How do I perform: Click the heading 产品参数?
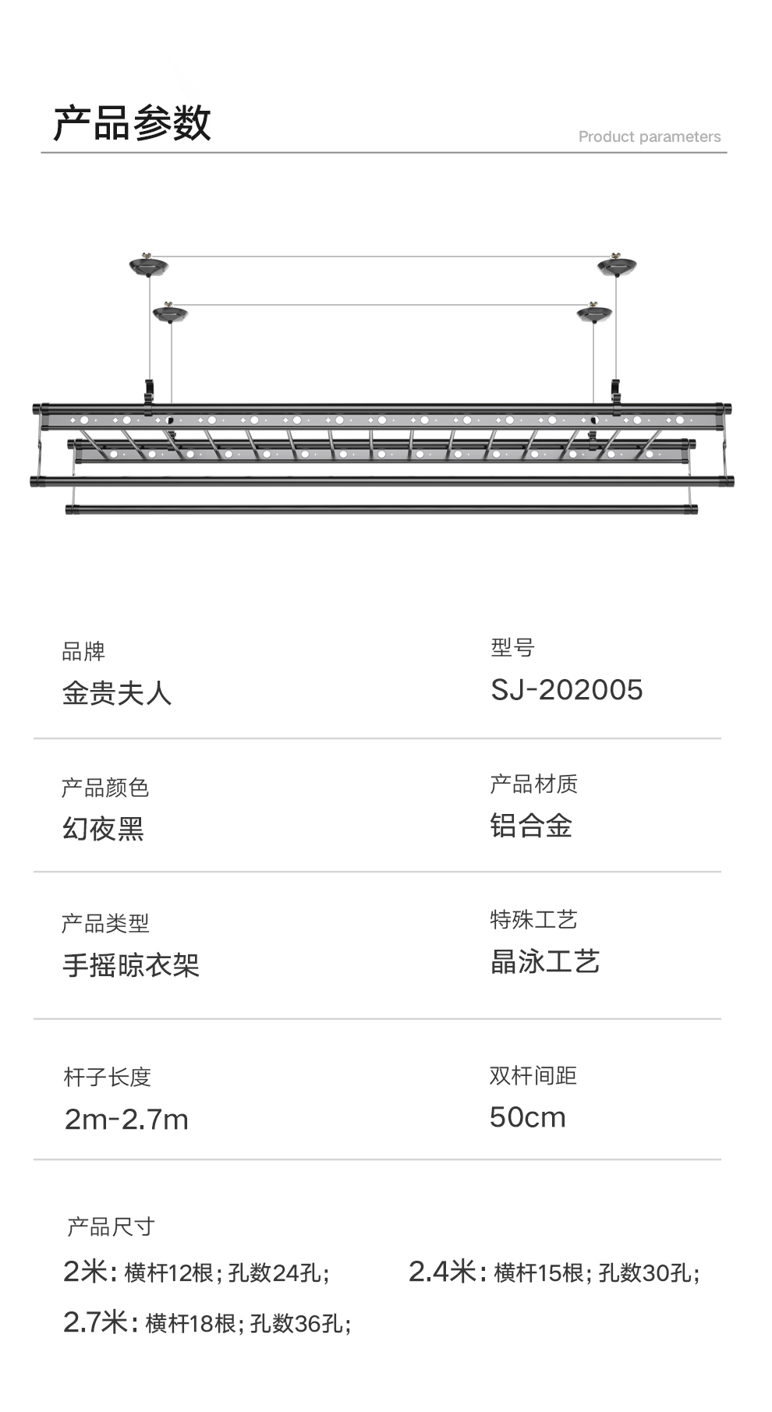point(132,123)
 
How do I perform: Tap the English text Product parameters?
point(649,136)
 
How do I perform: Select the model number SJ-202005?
point(566,690)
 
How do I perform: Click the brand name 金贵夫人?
point(117,693)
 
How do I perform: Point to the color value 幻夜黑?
point(104,828)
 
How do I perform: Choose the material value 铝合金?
point(531,826)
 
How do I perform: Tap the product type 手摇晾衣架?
point(131,965)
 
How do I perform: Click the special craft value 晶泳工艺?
point(544,962)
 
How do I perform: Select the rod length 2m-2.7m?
point(126,1120)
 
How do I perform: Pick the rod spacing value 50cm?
point(527,1117)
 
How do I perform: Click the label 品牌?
point(83,651)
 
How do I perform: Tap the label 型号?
point(512,647)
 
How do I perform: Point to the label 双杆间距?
point(533,1076)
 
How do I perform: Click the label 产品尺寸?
point(111,1227)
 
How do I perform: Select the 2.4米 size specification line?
point(554,1272)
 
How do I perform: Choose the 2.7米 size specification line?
point(207,1323)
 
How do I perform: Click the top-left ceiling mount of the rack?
point(148,267)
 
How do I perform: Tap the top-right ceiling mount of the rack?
point(617,267)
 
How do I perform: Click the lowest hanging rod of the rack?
point(381,510)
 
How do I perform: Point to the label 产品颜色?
point(105,787)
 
